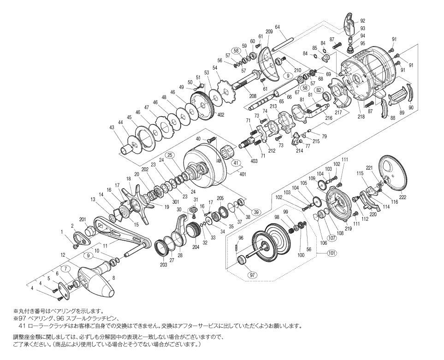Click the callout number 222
pyautogui.click(x=403, y=197)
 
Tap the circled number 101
pyautogui.click(x=332, y=253)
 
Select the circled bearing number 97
pyautogui.click(x=252, y=275)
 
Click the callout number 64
pyautogui.click(x=278, y=27)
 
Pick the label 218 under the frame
pyautogui.click(x=361, y=117)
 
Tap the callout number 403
pyautogui.click(x=254, y=161)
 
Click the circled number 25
pyautogui.click(x=170, y=155)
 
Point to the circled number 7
pyautogui.click(x=66, y=269)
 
